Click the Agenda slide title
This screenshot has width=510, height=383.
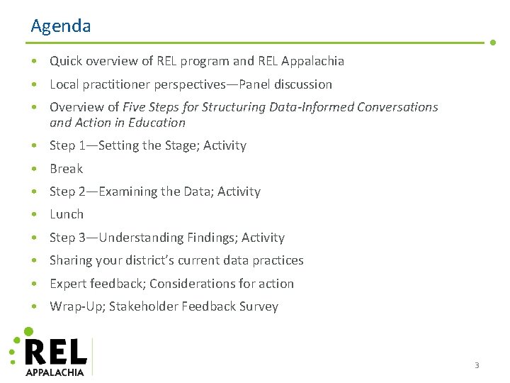point(61,26)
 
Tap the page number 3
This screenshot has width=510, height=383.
point(477,365)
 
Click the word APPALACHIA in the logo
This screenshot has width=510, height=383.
point(55,372)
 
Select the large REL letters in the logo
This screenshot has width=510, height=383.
point(56,352)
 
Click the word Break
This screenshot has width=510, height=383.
point(66,169)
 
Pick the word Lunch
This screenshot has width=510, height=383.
point(67,214)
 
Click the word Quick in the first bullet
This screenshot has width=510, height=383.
point(66,61)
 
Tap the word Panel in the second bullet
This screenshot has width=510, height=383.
point(255,84)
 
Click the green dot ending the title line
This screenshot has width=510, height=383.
point(493,42)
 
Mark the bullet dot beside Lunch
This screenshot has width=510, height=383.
point(35,215)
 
